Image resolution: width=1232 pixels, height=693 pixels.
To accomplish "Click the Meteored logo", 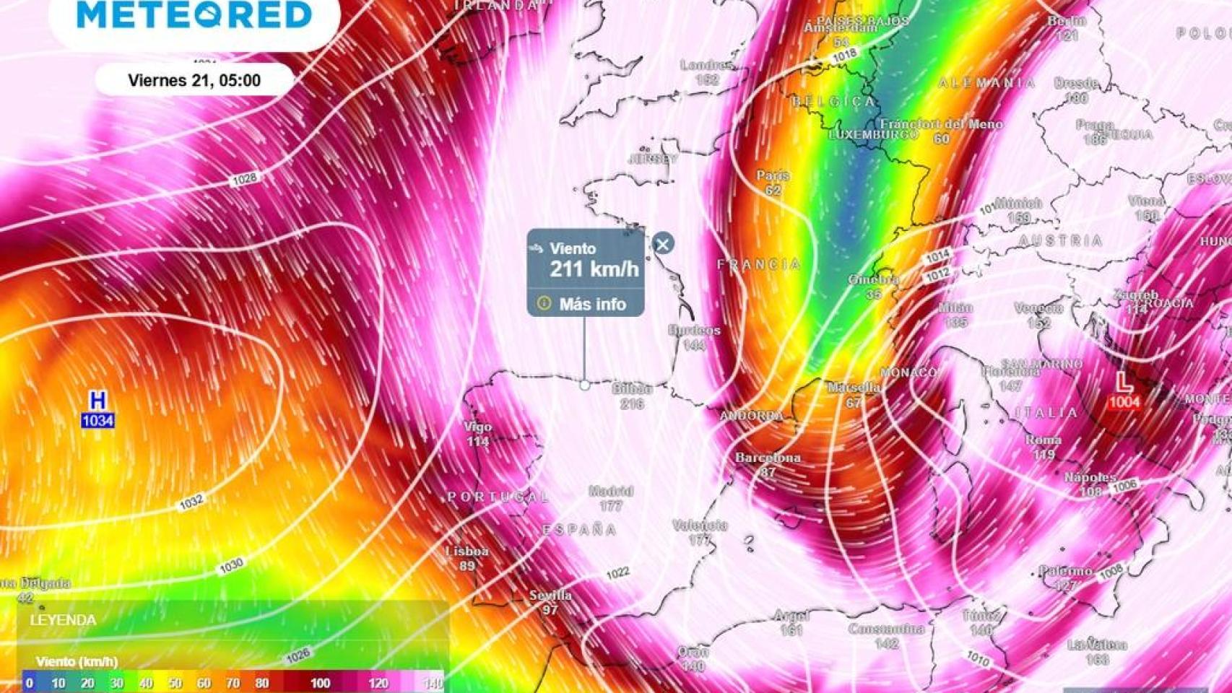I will [x=194, y=15].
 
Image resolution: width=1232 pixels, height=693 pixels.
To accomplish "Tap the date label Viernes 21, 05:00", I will [x=194, y=80].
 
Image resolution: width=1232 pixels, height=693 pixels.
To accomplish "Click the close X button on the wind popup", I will [x=663, y=244].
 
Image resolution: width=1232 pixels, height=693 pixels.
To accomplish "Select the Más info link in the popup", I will [x=592, y=304].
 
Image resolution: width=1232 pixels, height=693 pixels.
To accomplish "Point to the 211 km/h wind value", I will [x=594, y=269].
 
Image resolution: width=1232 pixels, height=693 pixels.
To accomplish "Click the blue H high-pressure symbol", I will [x=97, y=401].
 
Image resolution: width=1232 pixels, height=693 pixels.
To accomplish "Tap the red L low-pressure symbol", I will [x=1123, y=382].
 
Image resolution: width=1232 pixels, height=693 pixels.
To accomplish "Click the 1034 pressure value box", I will [x=97, y=420].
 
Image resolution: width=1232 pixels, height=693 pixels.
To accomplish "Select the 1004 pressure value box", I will [x=1124, y=402].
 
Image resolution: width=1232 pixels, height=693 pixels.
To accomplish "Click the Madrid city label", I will [x=611, y=492].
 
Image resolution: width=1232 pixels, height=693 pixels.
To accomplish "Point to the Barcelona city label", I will [x=768, y=458].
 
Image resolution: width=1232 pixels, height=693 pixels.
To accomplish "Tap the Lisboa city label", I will [x=467, y=551].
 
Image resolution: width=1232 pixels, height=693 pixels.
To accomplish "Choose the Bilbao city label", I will [x=632, y=388].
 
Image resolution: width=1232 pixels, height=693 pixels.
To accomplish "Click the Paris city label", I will [x=773, y=175].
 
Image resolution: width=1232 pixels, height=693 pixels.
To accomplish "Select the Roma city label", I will [x=1044, y=440].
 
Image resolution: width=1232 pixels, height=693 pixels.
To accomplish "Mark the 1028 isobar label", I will [x=244, y=178].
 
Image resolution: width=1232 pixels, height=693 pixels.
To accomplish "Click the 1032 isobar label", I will [x=191, y=502].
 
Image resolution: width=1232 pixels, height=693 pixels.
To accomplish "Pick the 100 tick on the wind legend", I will [x=320, y=683].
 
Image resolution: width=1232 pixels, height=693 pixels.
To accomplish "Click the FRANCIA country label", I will [x=759, y=265].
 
